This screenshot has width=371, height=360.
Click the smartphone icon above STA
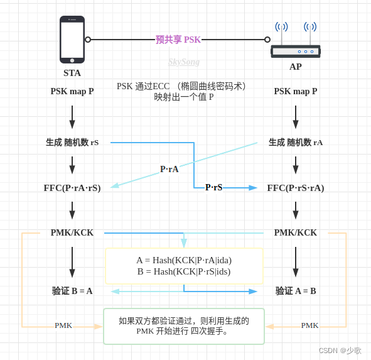[x=72, y=40]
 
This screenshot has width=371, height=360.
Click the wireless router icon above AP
[x=296, y=45]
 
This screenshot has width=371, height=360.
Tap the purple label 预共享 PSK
[x=178, y=40]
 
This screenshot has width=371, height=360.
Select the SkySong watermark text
[x=184, y=62]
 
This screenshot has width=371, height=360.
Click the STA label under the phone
[x=72, y=73]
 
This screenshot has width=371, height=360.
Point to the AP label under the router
[x=296, y=67]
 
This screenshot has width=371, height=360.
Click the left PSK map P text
[x=72, y=92]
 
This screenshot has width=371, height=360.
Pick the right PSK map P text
[x=296, y=92]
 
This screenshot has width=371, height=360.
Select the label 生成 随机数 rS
[x=72, y=143]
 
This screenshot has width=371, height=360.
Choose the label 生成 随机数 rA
[x=296, y=143]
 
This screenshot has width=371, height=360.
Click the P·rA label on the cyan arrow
[x=169, y=169]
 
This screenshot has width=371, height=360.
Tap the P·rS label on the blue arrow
[x=214, y=187]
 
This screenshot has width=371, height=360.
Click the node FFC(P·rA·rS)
[x=72, y=188]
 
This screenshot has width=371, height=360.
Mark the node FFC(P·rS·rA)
[x=296, y=188]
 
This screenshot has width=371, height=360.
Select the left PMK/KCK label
[x=72, y=232]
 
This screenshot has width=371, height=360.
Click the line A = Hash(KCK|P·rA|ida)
[x=184, y=260]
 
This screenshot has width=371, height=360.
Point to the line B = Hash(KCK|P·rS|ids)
[x=184, y=271]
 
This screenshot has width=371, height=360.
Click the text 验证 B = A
[x=72, y=291]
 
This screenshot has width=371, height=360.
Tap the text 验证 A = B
[x=296, y=291]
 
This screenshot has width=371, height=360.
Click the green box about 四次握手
[x=184, y=326]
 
